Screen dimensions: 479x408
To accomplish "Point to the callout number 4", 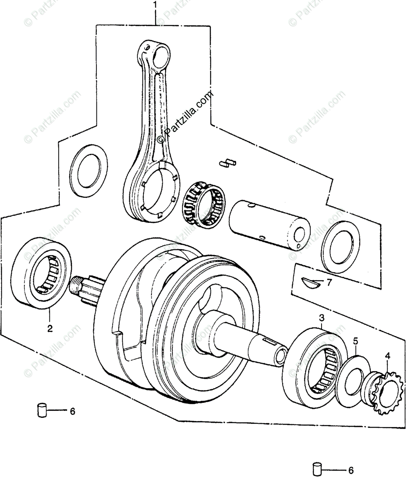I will (387, 355).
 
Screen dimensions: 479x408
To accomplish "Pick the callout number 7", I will (329, 283).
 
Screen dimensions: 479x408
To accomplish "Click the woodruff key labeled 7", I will (310, 282).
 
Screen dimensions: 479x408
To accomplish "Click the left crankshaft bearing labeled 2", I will (42, 273).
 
